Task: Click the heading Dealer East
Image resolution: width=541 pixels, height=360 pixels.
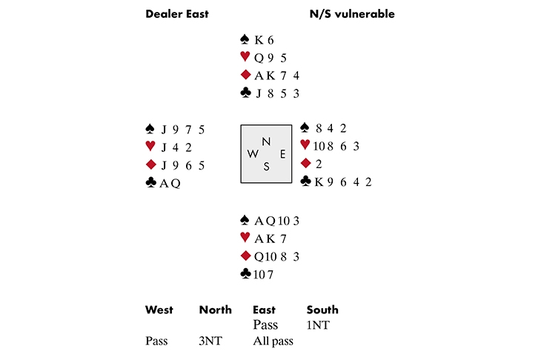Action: click(x=176, y=14)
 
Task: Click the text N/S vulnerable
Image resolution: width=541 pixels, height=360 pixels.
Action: click(x=351, y=14)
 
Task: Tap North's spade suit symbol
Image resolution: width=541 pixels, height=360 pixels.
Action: click(x=245, y=39)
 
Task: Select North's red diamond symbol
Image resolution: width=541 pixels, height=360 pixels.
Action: click(x=245, y=75)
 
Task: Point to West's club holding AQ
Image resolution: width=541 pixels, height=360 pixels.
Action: click(x=171, y=183)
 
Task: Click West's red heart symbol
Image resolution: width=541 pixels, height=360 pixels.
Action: click(x=151, y=147)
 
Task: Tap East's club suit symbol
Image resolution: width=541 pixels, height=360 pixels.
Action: click(x=305, y=181)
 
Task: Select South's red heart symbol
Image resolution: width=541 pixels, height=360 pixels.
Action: click(x=245, y=238)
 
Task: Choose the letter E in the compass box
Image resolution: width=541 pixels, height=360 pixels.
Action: click(x=282, y=154)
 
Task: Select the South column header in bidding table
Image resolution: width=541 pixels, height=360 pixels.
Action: click(x=322, y=310)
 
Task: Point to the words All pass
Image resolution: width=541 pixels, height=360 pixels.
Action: click(x=273, y=341)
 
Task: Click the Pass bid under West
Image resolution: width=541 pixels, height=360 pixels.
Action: click(x=156, y=341)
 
